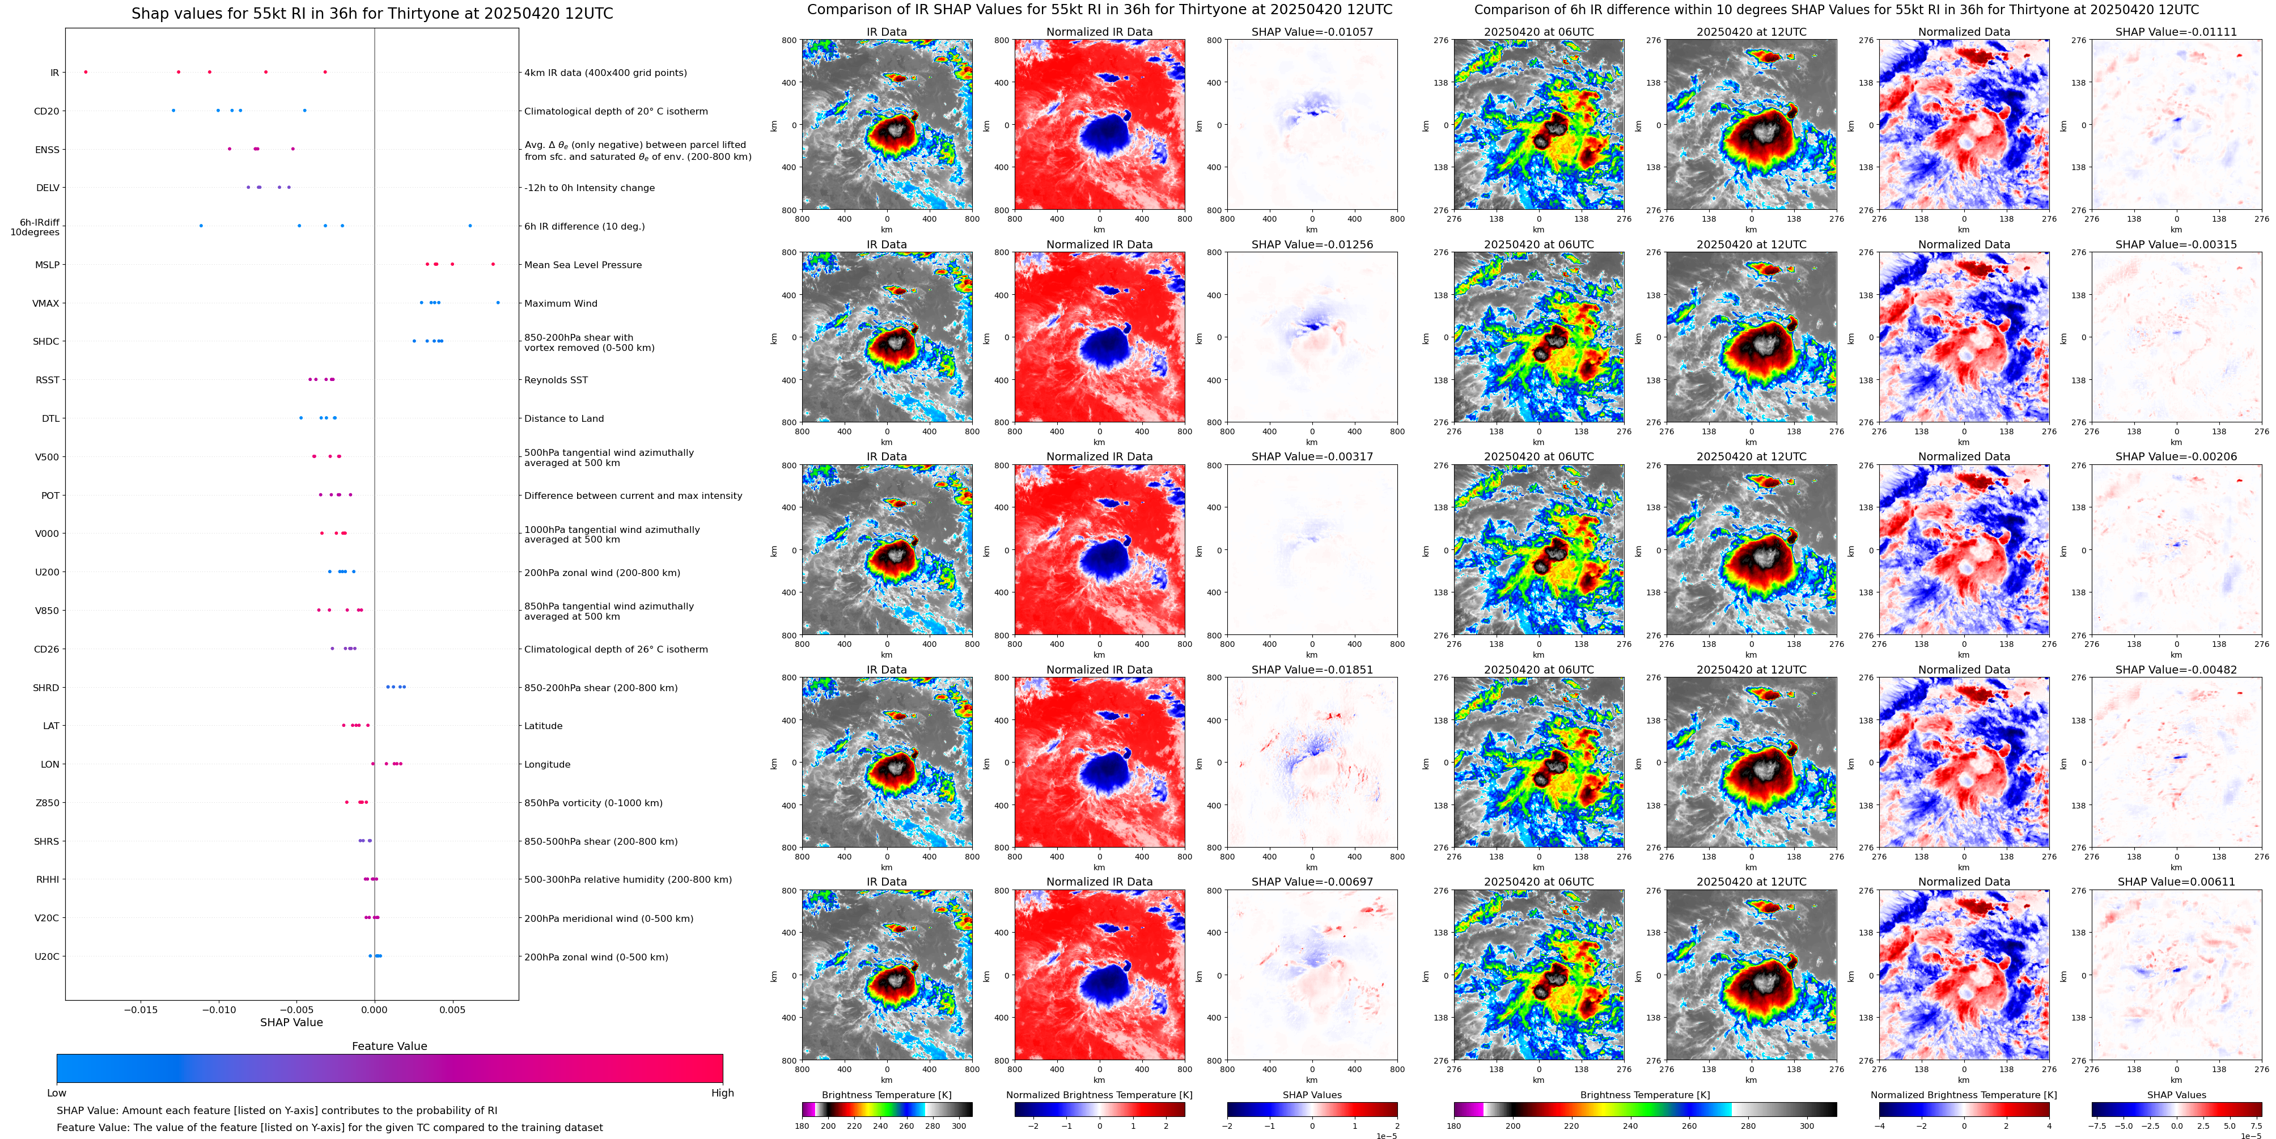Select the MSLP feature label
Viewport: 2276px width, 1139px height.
(47, 265)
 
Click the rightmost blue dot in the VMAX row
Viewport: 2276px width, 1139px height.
(498, 303)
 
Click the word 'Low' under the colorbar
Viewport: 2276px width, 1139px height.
(57, 1093)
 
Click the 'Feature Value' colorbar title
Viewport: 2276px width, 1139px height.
(389, 1046)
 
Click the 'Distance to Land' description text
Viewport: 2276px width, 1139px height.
(563, 419)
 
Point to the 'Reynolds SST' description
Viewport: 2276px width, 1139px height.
(556, 380)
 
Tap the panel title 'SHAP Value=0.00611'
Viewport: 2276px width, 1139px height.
(2176, 882)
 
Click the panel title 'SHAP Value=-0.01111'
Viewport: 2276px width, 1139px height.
(2176, 32)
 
